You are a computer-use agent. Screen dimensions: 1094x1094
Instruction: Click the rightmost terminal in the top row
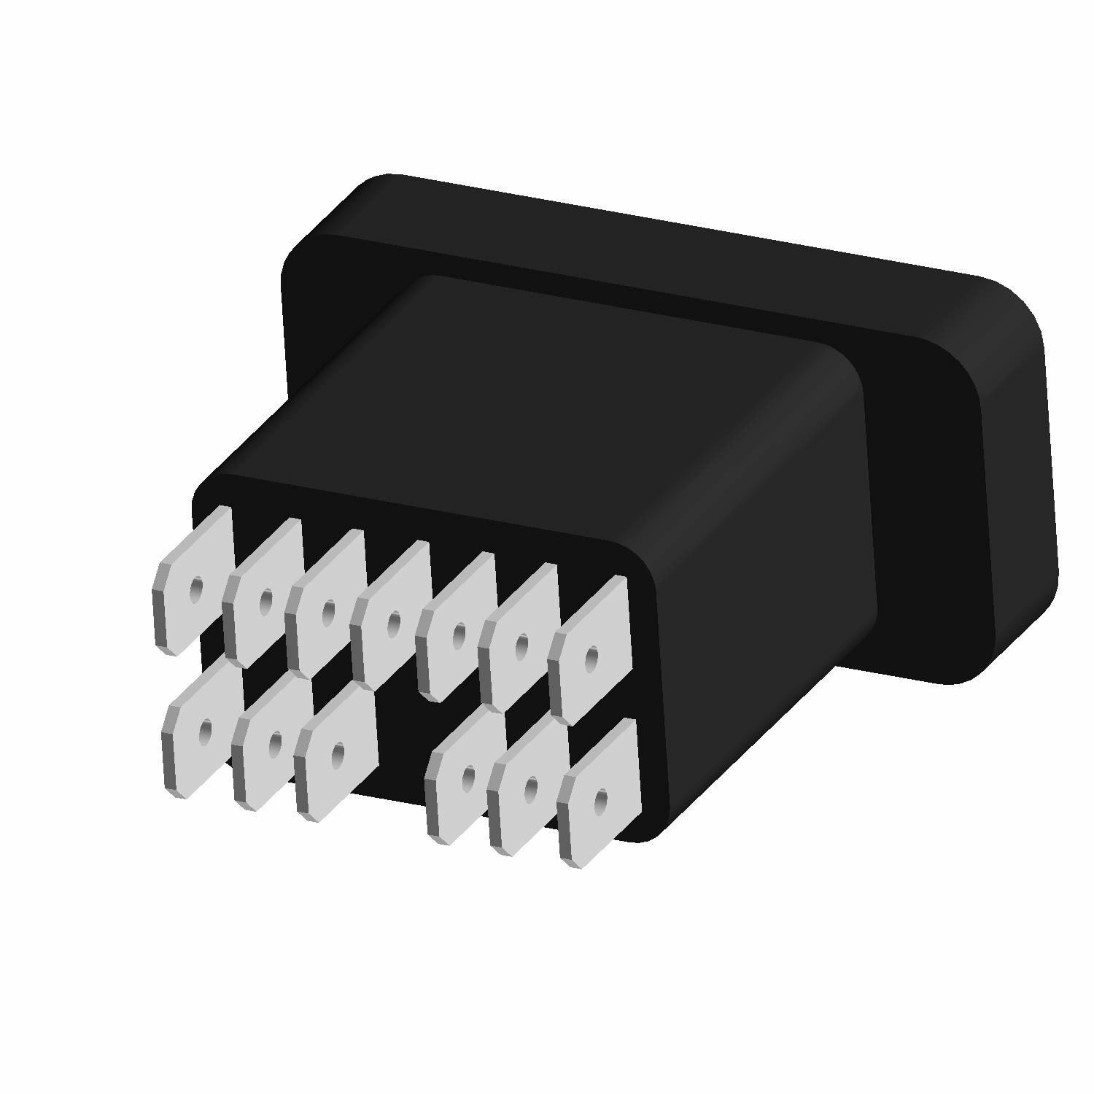pos(589,652)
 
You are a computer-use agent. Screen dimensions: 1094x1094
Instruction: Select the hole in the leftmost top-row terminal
pos(196,588)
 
